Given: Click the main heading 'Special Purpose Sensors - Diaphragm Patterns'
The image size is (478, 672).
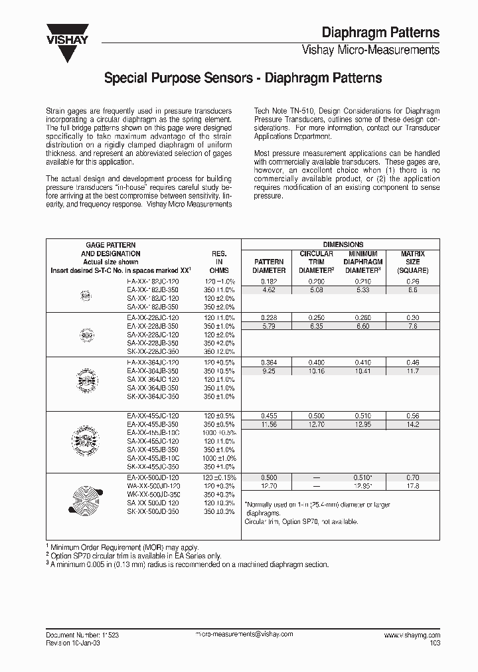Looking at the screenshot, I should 243,78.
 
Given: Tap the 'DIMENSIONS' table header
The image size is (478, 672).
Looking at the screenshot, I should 343,245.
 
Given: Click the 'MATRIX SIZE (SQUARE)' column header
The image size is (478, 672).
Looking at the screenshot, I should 412,262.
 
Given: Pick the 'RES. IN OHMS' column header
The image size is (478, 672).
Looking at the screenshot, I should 220,262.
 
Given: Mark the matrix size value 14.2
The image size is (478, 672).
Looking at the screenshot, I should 412,423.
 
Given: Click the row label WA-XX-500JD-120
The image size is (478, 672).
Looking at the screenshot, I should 153,485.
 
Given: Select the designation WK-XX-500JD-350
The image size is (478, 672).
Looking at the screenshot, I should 153,494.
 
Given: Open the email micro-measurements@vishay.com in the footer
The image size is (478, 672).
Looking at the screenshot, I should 244,635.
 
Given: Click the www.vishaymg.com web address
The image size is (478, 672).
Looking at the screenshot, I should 412,635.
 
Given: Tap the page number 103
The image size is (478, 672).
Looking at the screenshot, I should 434,643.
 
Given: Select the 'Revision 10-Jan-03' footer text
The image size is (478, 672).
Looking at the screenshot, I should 74,643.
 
